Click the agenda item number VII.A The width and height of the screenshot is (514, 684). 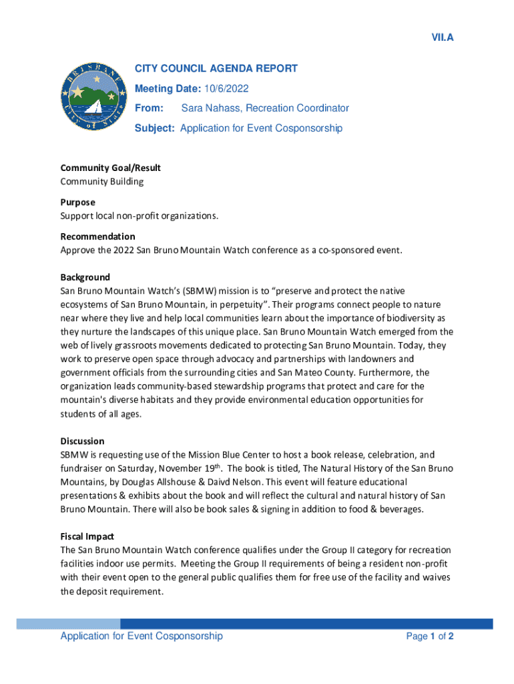tap(442, 37)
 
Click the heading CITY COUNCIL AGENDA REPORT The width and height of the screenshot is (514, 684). tap(216, 69)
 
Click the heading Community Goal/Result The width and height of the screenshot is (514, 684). tap(111, 168)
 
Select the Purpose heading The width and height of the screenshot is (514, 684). tap(78, 202)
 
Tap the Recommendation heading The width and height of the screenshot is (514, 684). tap(97, 236)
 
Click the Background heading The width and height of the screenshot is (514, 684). tap(85, 277)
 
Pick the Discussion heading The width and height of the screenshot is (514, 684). tap(83, 441)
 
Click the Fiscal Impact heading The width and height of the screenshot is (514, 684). tap(87, 536)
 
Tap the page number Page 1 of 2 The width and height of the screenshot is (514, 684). tap(430, 637)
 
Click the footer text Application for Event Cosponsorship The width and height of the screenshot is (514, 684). tap(142, 636)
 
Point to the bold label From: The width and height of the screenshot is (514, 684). tap(149, 108)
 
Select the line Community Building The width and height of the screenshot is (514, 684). tap(102, 182)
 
